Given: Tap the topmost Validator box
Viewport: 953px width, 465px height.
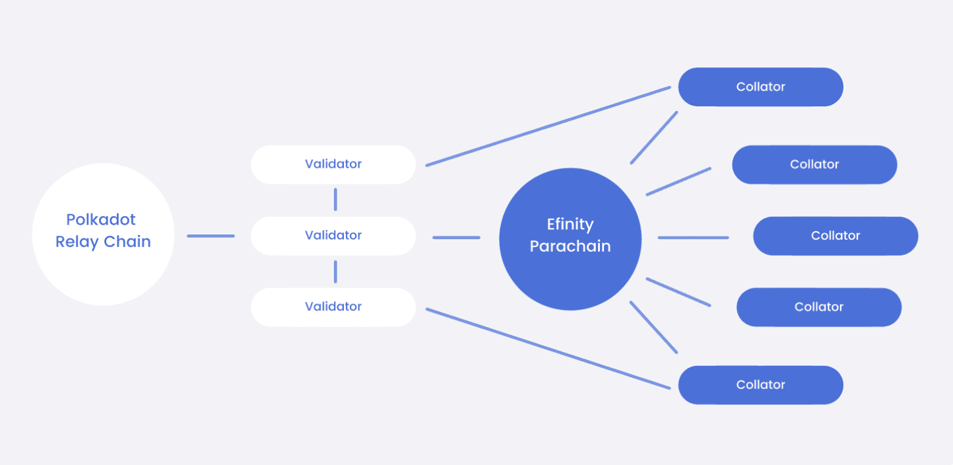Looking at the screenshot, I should pyautogui.click(x=333, y=164).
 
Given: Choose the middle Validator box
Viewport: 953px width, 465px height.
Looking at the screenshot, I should pyautogui.click(x=333, y=236).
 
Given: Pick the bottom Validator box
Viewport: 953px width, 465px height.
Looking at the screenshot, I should pyautogui.click(x=333, y=307).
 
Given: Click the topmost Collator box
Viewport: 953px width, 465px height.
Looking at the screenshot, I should pyautogui.click(x=760, y=87).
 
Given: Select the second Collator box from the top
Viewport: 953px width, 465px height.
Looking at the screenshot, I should pyautogui.click(x=814, y=164).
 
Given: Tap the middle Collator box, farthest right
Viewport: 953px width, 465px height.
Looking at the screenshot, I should pyautogui.click(x=836, y=236).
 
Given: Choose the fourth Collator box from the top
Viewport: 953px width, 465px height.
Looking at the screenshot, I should pyautogui.click(x=818, y=307).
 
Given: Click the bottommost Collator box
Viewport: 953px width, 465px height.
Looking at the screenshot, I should pyautogui.click(x=760, y=385).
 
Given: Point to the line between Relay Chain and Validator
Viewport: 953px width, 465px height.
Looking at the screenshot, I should pyautogui.click(x=211, y=236).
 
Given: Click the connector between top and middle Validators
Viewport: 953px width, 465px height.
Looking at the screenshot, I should pyautogui.click(x=335, y=199).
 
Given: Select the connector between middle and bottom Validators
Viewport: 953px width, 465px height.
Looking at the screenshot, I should pyautogui.click(x=335, y=271).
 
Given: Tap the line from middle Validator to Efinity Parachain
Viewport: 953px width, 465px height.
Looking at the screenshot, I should pyautogui.click(x=456, y=237).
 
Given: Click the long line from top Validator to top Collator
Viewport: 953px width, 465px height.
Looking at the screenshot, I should pyautogui.click(x=548, y=126).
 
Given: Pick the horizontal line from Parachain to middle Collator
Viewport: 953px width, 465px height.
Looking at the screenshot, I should pyautogui.click(x=693, y=238).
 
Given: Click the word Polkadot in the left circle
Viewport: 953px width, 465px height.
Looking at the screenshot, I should pyautogui.click(x=100, y=219).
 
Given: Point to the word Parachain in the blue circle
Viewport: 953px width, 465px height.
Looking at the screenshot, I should pyautogui.click(x=570, y=246).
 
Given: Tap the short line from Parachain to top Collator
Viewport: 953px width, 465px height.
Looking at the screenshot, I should pyautogui.click(x=654, y=137).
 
